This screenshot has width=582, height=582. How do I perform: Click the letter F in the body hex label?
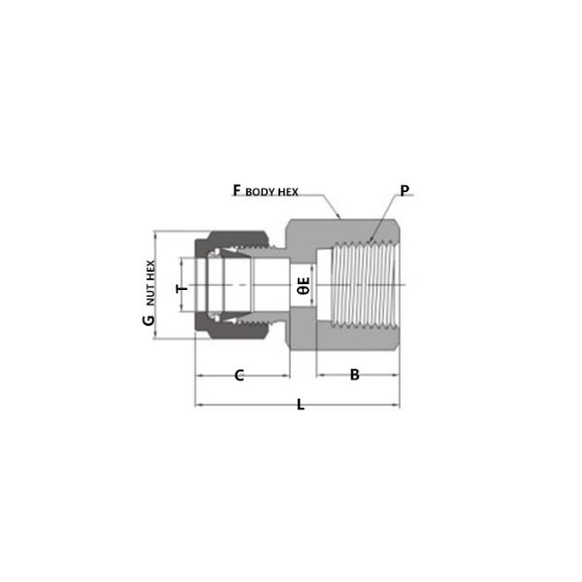[236, 191]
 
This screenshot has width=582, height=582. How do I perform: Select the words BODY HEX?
[272, 193]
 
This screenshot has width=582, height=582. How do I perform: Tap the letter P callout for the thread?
[404, 191]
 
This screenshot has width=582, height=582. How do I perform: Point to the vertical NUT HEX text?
[150, 281]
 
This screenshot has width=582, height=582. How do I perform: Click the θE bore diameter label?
[303, 286]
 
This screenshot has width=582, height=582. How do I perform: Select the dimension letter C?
[239, 374]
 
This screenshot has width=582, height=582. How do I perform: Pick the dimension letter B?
[355, 374]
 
